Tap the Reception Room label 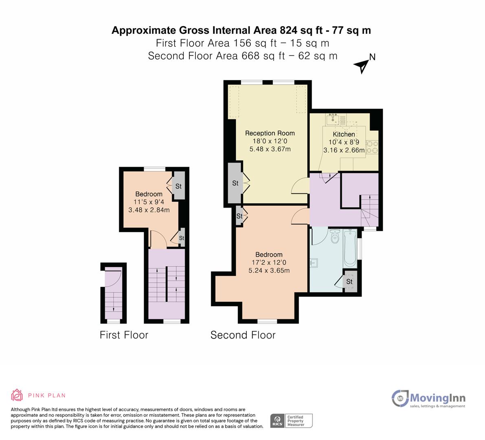click(270, 133)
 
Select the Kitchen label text click(344, 134)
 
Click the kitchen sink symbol click(333, 119)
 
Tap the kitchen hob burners click(372, 147)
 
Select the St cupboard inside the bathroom click(349, 282)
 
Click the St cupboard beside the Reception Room click(235, 183)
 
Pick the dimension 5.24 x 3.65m click(269, 271)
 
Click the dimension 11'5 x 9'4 click(149, 202)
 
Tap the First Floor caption click(124, 335)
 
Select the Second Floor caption click(243, 335)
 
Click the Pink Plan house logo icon click(17, 395)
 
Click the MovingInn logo click(428, 398)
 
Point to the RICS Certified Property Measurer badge click(292, 420)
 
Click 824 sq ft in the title click(304, 30)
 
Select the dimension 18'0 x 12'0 click(270, 141)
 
